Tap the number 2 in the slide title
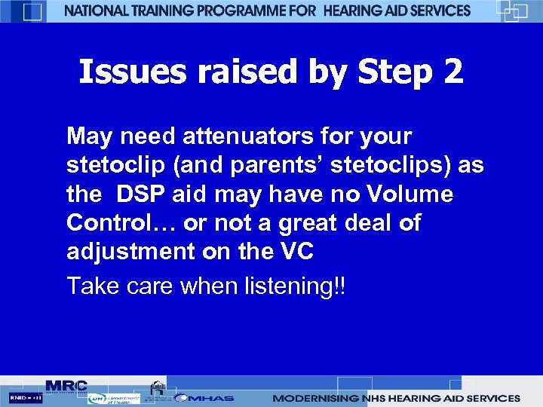coord(454,73)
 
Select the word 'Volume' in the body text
coord(412,194)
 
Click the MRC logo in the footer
coord(66,385)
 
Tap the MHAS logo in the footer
coord(204,398)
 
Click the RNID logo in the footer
coord(26,397)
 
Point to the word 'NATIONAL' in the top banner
coord(99,11)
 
